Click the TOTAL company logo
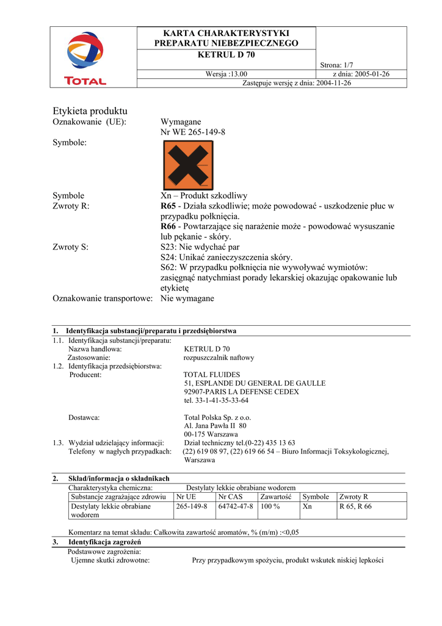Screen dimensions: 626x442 click(x=85, y=58)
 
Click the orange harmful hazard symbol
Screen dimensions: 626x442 click(x=188, y=164)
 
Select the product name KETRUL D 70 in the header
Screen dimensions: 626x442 click(x=226, y=55)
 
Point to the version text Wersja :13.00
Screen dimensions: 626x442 click(x=226, y=74)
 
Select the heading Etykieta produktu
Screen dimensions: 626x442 click(x=90, y=111)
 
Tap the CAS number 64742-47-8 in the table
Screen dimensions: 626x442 click(x=236, y=507)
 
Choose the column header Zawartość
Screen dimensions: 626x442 click(x=275, y=497)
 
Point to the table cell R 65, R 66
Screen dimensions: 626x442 click(x=355, y=507)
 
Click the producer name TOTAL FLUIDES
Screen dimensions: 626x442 click(x=212, y=375)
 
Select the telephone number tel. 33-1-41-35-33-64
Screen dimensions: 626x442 click(x=216, y=400)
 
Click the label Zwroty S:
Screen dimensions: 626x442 click(x=71, y=248)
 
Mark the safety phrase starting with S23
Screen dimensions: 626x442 click(x=200, y=248)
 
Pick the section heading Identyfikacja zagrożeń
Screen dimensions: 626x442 click(x=104, y=542)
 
